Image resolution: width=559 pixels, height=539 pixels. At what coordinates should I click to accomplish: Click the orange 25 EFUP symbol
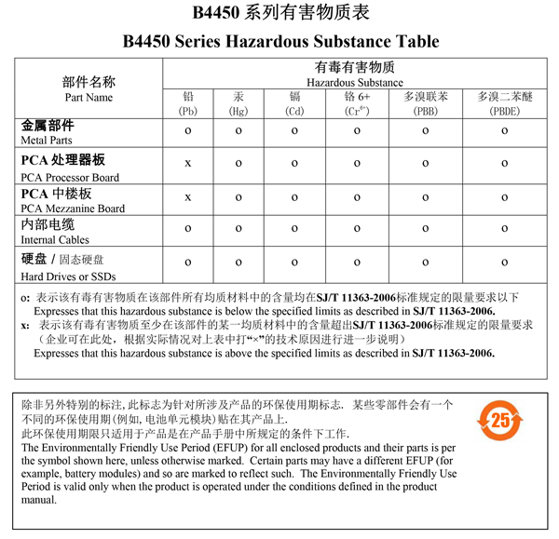(x=501, y=421)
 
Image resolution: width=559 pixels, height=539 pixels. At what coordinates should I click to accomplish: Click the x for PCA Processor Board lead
(x=188, y=164)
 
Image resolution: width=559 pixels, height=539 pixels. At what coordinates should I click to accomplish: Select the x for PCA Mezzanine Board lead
(x=188, y=197)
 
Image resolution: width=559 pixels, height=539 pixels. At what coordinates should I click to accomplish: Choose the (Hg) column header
(x=239, y=112)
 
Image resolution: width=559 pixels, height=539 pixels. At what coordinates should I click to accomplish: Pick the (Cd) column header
(x=294, y=112)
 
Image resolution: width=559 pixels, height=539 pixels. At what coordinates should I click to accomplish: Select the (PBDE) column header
(x=504, y=112)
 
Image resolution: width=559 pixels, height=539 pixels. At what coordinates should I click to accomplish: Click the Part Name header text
(x=89, y=98)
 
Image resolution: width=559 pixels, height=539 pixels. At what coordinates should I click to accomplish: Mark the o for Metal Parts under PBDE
(x=504, y=131)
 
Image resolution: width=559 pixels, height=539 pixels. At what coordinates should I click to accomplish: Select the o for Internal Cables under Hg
(x=239, y=230)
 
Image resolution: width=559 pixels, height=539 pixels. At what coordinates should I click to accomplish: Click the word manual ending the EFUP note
(x=39, y=500)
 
